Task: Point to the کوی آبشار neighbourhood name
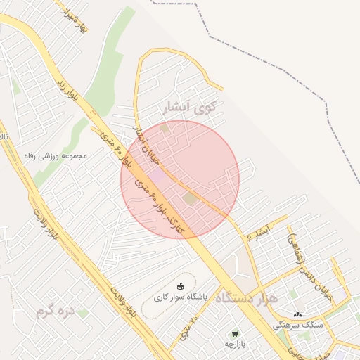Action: [x=189, y=108]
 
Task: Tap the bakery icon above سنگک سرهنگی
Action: [x=298, y=314]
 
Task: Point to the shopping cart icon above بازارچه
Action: [x=234, y=333]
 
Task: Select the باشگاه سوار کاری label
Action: [x=181, y=297]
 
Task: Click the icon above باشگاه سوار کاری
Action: [x=181, y=285]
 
